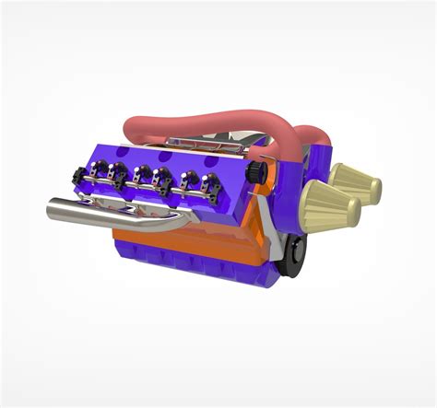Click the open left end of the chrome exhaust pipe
(x=52, y=211)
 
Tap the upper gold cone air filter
(x=355, y=184)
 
